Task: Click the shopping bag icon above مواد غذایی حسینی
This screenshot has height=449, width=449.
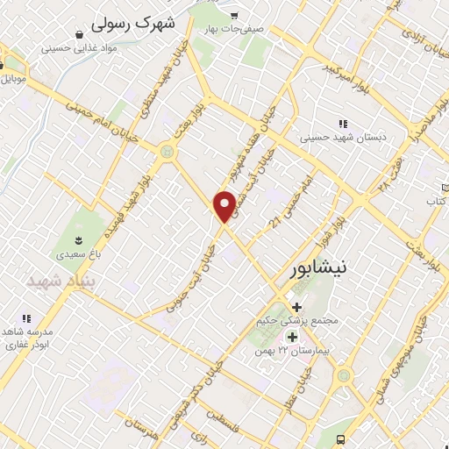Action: pyautogui.click(x=80, y=34)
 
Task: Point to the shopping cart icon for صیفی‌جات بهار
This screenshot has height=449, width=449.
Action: pyautogui.click(x=233, y=16)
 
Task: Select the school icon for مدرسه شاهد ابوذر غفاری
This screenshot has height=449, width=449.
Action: pyautogui.click(x=26, y=318)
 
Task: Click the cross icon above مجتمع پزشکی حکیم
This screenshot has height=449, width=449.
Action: pyautogui.click(x=296, y=307)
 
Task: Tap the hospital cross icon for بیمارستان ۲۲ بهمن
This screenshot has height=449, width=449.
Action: pyautogui.click(x=291, y=337)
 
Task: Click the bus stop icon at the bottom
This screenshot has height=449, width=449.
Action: pyautogui.click(x=340, y=440)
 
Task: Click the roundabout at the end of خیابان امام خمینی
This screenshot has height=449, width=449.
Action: pyautogui.click(x=165, y=152)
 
